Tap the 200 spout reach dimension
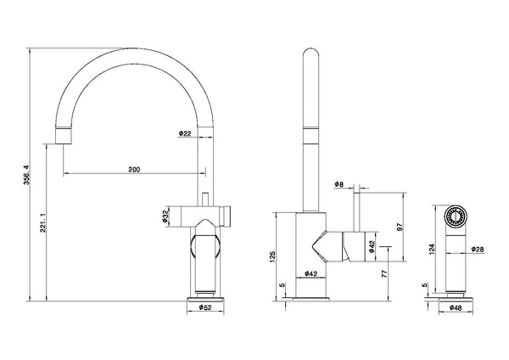coord(134,169)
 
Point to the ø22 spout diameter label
coord(185,133)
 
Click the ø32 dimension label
coord(165,217)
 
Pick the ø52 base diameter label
coord(205,307)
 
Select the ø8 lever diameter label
coord(338,184)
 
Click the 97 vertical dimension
coord(400,227)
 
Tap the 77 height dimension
coord(384,273)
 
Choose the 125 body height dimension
coord(272,256)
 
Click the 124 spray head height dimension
coord(432,250)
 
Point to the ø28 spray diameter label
coord(478,250)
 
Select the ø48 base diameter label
coord(456,307)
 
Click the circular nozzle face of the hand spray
coord(456,216)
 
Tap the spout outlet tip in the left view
coord(63,136)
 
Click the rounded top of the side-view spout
coord(311,53)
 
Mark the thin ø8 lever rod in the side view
coord(356,212)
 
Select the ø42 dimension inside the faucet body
coord(310,274)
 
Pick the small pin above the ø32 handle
coord(205,200)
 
